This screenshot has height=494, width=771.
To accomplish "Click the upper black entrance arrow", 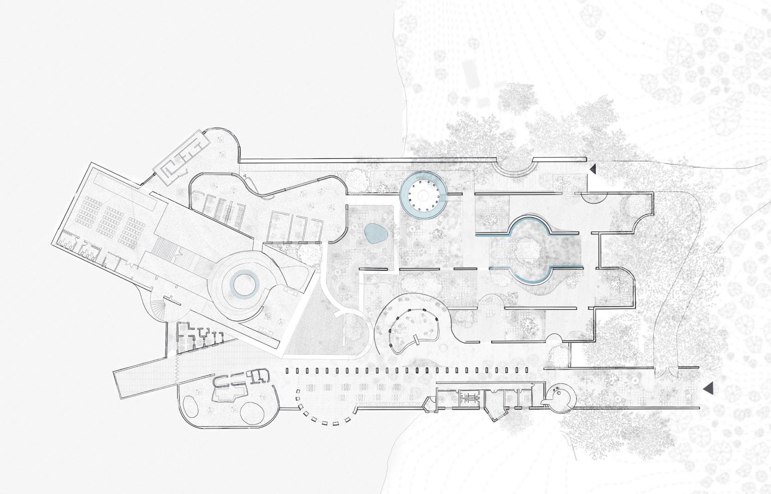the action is coord(593,169).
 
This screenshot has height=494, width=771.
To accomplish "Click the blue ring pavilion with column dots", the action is coord(423,194).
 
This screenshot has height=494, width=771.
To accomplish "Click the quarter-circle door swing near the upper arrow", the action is coord(593,198).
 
